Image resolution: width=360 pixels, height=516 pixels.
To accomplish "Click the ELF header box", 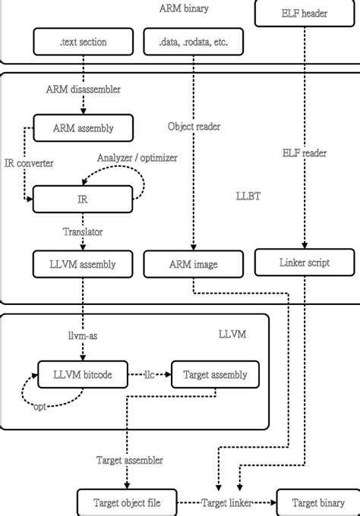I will [x=305, y=13].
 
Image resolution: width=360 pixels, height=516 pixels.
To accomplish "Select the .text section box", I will [x=84, y=42].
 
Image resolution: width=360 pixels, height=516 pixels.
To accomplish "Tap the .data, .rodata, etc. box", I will [x=194, y=42].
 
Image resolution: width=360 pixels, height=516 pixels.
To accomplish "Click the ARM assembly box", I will [x=84, y=127].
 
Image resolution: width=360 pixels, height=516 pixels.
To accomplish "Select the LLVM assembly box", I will [x=84, y=265].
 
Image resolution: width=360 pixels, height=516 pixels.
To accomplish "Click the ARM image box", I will [x=194, y=265].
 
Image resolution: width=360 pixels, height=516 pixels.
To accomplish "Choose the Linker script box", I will [x=305, y=263].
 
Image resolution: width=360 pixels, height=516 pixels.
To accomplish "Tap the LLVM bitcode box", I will [x=84, y=374].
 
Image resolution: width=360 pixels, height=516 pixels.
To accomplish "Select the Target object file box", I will [x=128, y=502].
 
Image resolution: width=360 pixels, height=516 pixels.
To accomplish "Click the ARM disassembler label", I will [x=84, y=90].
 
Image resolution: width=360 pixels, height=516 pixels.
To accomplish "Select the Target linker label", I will [x=226, y=502].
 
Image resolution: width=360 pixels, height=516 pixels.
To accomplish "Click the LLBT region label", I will [x=249, y=196].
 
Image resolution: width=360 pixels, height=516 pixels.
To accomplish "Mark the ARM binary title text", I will [x=185, y=8].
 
